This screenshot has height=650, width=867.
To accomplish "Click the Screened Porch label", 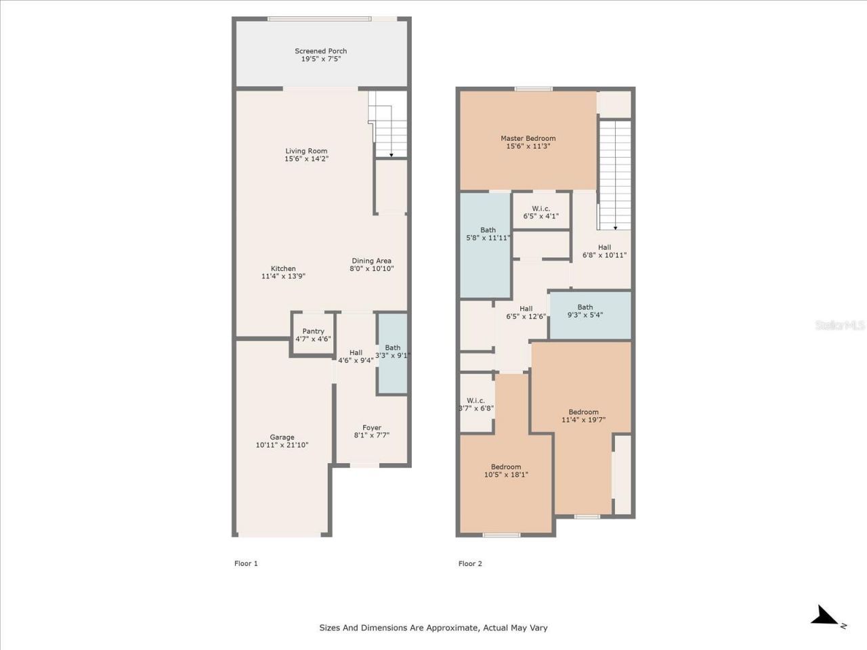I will (x=320, y=51).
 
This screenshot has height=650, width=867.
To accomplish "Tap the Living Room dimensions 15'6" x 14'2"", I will (x=306, y=159).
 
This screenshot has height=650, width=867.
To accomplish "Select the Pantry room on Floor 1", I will (x=313, y=334).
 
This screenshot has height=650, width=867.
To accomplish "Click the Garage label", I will (x=282, y=437).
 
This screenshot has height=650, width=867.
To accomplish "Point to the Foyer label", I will (x=371, y=427).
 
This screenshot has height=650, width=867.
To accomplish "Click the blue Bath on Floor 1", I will (x=392, y=352).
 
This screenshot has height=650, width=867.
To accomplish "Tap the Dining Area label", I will (x=371, y=261).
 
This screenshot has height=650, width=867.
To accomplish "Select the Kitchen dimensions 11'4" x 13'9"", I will (x=283, y=276).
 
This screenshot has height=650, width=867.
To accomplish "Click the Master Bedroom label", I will (x=528, y=138).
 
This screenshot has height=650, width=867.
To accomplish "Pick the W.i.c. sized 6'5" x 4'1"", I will (x=541, y=212).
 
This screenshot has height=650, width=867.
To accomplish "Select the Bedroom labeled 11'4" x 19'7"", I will (x=583, y=416).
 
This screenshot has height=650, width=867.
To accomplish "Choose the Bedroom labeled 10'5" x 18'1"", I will (x=506, y=471).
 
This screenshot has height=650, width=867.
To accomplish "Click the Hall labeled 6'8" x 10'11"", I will (x=604, y=251).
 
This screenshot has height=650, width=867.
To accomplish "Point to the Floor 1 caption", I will (x=246, y=563).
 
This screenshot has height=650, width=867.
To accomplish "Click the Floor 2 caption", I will (x=470, y=563).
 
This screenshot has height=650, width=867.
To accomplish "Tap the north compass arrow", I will (x=826, y=616).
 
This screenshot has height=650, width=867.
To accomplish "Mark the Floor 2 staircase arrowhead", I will (x=615, y=228).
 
